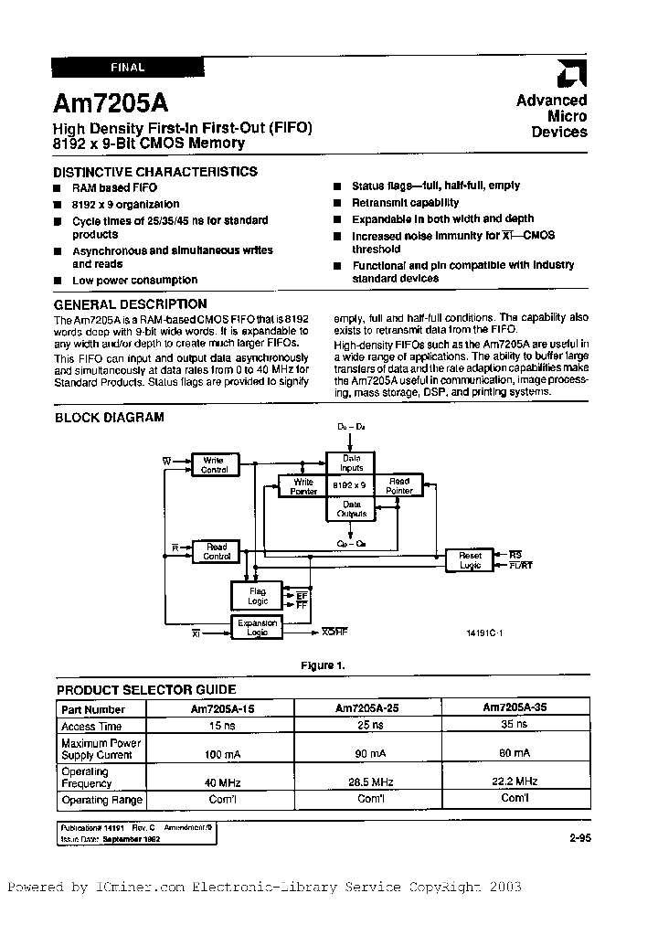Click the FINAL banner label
coord(127,67)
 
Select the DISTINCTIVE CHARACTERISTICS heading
coord(154,171)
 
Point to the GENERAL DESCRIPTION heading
coord(130,303)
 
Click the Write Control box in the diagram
coord(214,465)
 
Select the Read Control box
coord(216,551)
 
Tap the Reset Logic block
coord(469,560)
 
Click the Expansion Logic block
coord(257,627)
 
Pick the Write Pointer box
coord(302,486)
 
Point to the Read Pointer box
coord(399,485)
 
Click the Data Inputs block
coord(351,463)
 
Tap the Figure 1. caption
coord(324,665)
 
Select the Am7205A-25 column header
coord(366,707)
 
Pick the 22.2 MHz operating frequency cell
coord(515,781)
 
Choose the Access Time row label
coord(91,726)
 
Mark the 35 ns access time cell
coord(515,725)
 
